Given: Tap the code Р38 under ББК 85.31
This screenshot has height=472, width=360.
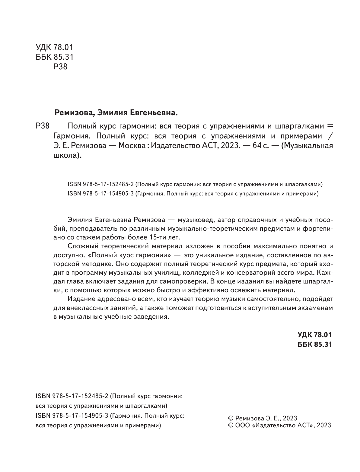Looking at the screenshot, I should [60, 67].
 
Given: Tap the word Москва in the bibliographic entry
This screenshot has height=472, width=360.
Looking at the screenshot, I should [130, 146].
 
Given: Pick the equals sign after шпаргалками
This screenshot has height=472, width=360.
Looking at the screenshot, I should [330, 125].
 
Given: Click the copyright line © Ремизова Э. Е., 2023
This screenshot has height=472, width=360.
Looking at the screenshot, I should [263, 418].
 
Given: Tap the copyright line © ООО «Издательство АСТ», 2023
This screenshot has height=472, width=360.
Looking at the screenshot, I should [280, 425].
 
